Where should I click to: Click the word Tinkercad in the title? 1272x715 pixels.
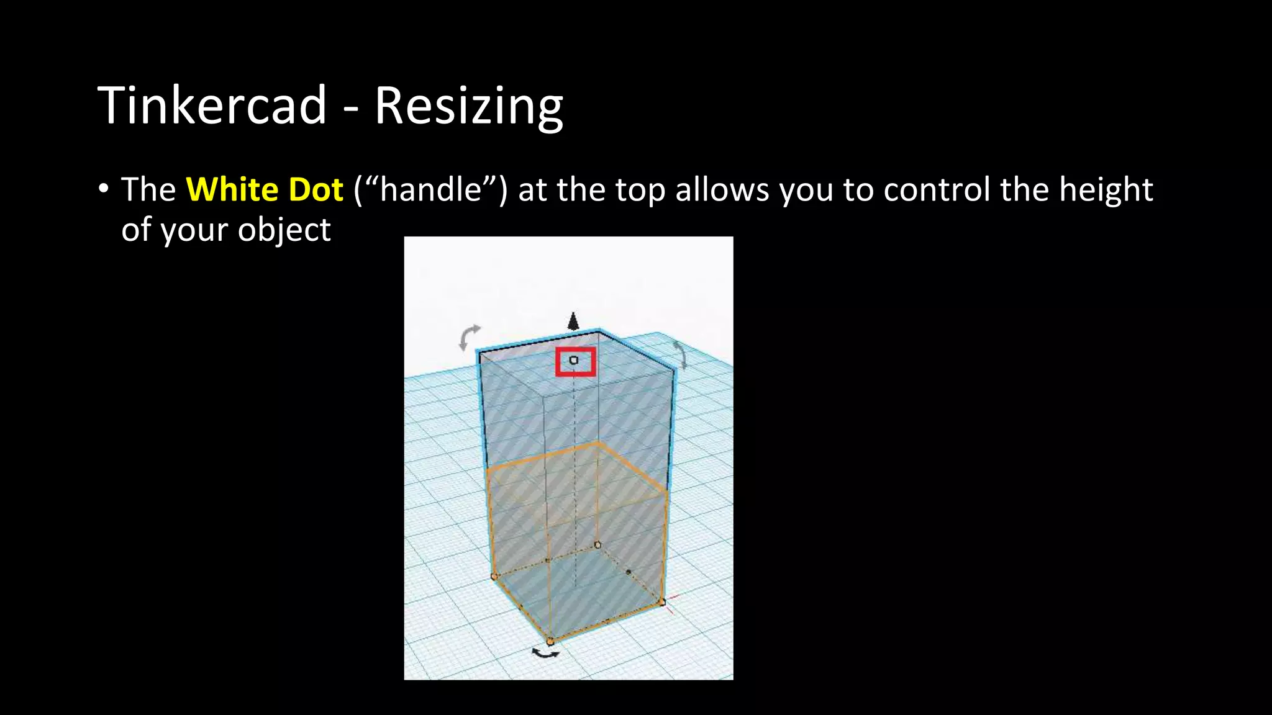pos(212,105)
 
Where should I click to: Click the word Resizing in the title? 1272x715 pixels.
pos(468,106)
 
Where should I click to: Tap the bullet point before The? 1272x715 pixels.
pos(103,188)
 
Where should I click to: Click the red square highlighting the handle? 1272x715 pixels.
pos(575,362)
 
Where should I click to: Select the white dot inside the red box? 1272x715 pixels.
pos(574,360)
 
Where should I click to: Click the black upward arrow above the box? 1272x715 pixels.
pos(573,321)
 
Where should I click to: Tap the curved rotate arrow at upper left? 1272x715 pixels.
pos(470,337)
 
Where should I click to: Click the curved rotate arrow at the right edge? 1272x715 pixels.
pos(681,354)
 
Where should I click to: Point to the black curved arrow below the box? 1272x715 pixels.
pos(546,652)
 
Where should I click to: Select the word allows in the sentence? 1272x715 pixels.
pos(722,189)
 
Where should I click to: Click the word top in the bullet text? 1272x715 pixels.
pos(640,191)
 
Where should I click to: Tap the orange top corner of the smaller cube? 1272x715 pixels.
pos(597,443)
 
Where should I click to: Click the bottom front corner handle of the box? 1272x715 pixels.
pos(550,641)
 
